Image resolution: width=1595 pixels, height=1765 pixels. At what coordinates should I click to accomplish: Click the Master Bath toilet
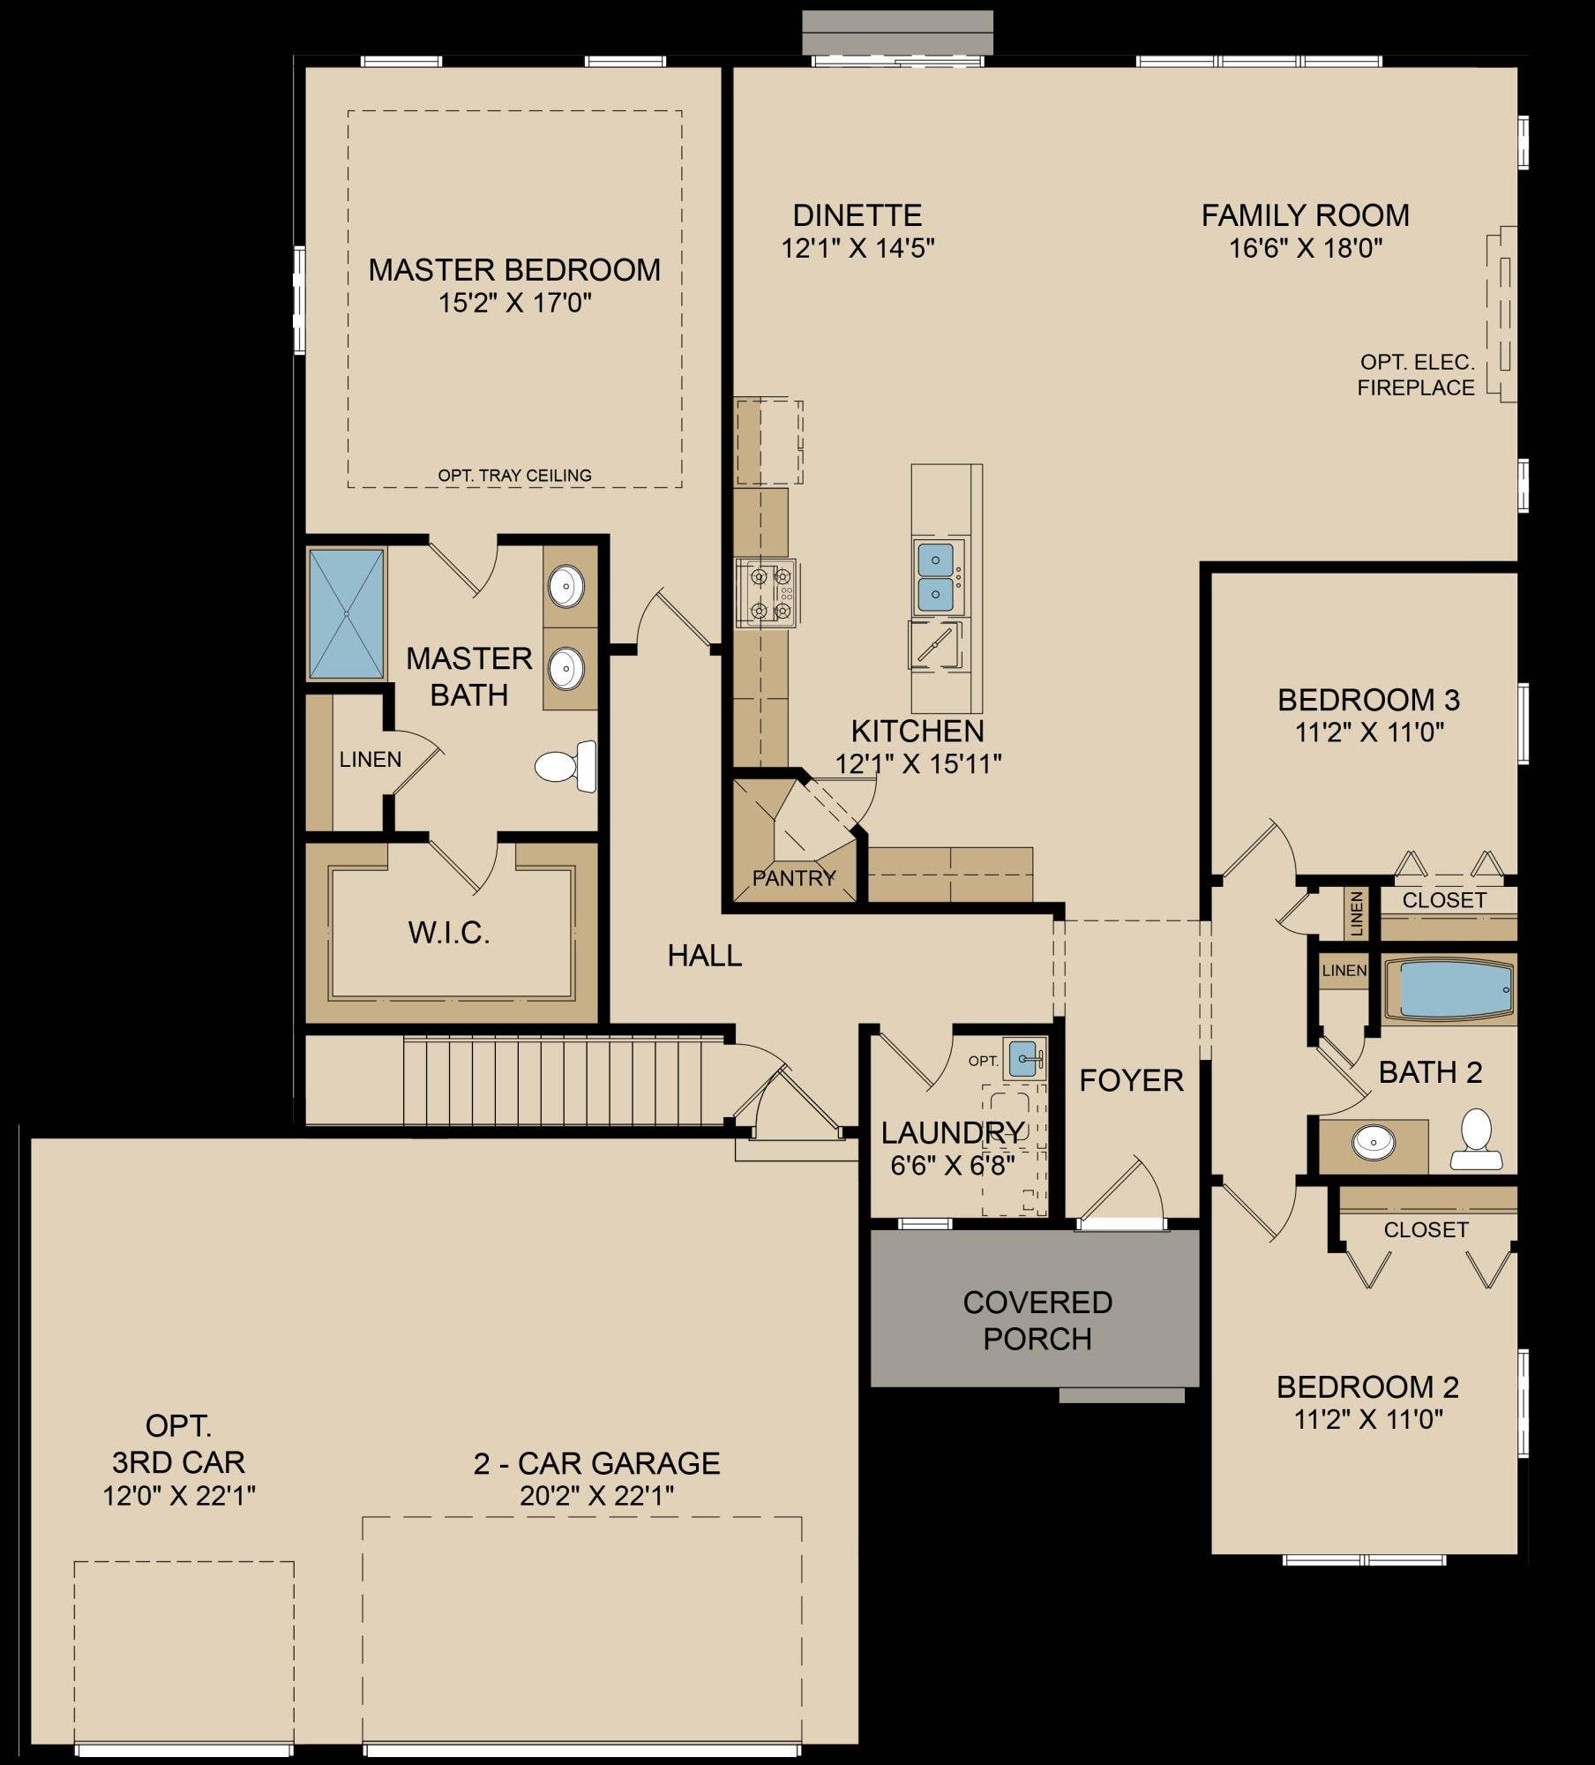(x=565, y=766)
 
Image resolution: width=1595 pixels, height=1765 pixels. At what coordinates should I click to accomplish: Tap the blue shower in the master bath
(x=346, y=613)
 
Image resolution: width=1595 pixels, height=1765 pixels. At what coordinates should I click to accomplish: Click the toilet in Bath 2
(x=1476, y=1138)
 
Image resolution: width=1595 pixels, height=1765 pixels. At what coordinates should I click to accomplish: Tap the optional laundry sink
(x=1024, y=1058)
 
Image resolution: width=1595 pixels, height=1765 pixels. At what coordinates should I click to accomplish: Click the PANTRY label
(x=794, y=878)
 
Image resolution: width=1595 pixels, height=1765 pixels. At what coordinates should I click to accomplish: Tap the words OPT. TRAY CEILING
(x=515, y=476)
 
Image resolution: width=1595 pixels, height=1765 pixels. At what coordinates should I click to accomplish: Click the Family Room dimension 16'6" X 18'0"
(x=1306, y=248)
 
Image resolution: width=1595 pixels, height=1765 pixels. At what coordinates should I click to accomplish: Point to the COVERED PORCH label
(x=1037, y=1320)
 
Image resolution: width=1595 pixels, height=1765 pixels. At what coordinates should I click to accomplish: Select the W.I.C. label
(x=449, y=933)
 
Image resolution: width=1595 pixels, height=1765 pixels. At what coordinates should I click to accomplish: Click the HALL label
(x=704, y=955)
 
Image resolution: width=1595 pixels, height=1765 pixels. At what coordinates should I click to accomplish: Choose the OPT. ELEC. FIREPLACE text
(x=1416, y=375)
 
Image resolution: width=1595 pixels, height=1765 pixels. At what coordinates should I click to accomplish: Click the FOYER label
(x=1131, y=1080)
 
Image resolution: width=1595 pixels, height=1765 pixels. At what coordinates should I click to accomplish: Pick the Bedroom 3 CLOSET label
(x=1445, y=900)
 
